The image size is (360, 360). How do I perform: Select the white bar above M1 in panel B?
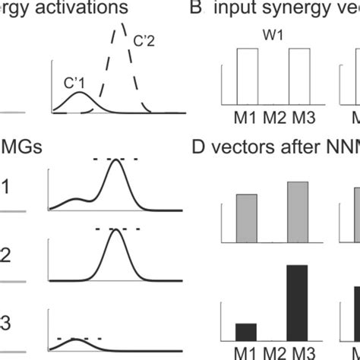pyautogui.click(x=251, y=76)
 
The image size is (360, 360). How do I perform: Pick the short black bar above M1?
pyautogui.click(x=246, y=331)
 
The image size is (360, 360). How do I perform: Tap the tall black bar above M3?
pyautogui.click(x=298, y=302)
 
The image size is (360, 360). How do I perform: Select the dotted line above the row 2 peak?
pyautogui.click(x=118, y=228)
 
